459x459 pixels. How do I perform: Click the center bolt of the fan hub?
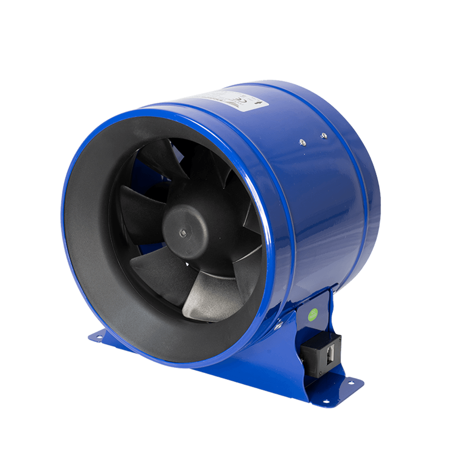[183, 232]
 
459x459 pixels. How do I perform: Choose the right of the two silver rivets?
[324, 136]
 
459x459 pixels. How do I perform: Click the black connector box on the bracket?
[321, 354]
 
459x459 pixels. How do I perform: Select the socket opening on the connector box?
[329, 354]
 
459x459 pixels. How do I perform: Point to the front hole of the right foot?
[326, 401]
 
